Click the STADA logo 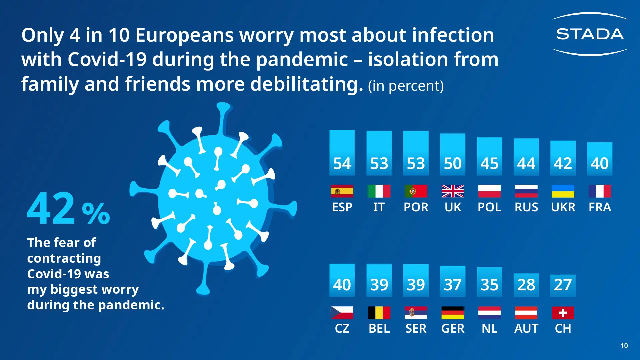click(590, 34)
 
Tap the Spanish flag click(342, 191)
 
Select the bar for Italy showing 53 click(379, 153)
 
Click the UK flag click(453, 191)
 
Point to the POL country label click(489, 207)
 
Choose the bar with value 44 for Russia click(526, 157)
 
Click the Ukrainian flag click(563, 191)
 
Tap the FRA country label click(600, 207)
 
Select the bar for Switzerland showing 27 click(563, 285)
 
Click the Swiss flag click(563, 313)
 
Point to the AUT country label click(526, 329)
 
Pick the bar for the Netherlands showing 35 click(489, 282)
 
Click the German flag click(453, 313)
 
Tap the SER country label click(416, 329)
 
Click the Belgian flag click(379, 313)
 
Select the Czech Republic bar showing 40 click(342, 280)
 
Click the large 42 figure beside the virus click(52, 209)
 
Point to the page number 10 click(624, 346)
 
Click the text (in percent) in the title click(406, 86)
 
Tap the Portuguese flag click(416, 191)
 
